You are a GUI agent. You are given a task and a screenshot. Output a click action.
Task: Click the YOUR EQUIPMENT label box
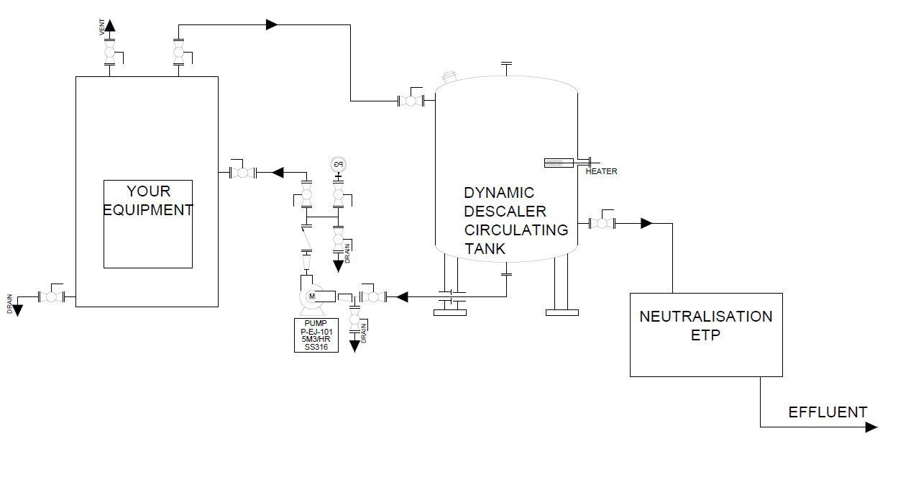coord(148,223)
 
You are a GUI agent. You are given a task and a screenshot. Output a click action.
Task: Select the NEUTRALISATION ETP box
coord(706,334)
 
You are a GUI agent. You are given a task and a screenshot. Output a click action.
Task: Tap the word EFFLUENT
coord(828,412)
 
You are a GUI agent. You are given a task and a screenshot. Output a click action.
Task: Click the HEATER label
coord(601,172)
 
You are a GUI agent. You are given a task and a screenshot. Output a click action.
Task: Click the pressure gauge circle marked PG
coord(339,164)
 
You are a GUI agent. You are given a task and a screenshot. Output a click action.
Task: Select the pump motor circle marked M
coord(312,296)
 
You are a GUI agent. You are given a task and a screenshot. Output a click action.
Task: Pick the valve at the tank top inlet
coord(411,101)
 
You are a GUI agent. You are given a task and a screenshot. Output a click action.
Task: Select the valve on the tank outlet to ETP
coord(601,223)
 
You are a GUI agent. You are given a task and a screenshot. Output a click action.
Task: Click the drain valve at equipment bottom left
coord(51,296)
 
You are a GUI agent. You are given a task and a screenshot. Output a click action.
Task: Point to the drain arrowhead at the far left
coord(17,310)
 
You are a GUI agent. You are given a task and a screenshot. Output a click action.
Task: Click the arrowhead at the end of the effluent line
coord(871,427)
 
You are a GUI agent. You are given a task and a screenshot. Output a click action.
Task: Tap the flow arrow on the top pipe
coord(272,24)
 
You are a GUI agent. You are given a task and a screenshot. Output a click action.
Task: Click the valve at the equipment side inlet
coord(243,172)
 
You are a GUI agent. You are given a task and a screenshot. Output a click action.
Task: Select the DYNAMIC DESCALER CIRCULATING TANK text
coord(516,221)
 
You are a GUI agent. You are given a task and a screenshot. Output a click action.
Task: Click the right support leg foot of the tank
coord(562,312)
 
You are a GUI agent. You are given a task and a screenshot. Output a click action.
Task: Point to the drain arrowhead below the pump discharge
coord(354,345)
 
